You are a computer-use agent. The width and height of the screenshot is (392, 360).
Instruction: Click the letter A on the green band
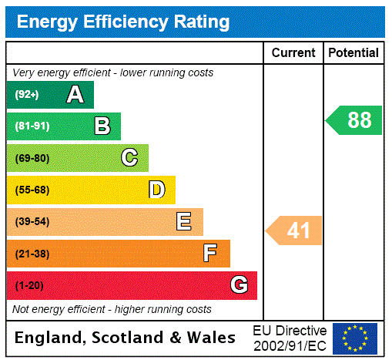coord(75,95)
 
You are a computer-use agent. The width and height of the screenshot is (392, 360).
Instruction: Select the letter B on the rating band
coord(102,126)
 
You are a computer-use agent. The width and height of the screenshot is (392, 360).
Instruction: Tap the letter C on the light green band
coord(129,158)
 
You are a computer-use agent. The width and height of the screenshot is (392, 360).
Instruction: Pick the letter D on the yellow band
coord(156,190)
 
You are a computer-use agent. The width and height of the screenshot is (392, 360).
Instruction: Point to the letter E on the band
coord(183,222)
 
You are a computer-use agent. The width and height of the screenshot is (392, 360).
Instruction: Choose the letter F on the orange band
coord(210,254)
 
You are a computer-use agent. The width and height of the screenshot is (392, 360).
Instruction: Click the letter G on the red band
coord(239,286)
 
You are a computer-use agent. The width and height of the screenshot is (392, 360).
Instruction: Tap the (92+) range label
coord(28,96)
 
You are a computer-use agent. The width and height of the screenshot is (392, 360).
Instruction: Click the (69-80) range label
coord(32,159)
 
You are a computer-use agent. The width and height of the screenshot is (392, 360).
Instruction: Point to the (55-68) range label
coord(32,190)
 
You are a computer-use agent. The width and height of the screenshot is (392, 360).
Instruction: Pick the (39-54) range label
coord(32,222)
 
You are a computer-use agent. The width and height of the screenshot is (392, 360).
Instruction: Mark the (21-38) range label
coord(32,254)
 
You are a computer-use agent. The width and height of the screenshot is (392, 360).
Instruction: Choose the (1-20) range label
coord(29,286)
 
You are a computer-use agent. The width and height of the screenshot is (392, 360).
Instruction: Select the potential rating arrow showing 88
coord(355,120)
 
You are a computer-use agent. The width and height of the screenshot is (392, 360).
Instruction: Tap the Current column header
coord(293,53)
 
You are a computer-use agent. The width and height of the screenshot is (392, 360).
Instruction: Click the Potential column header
coord(353,53)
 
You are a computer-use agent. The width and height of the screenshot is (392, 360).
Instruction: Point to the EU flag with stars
coord(355,338)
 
